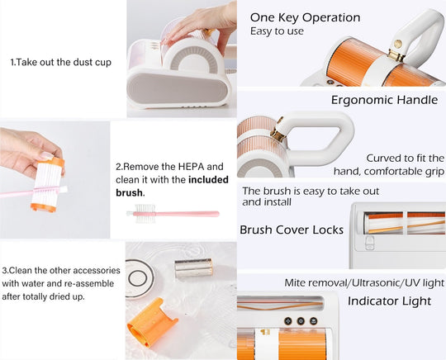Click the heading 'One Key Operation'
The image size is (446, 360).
(306, 17)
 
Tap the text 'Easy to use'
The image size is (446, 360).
(277, 31)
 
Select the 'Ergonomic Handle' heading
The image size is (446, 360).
(384, 100)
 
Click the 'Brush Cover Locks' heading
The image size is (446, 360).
(292, 230)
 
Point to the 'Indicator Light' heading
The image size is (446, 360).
(389, 301)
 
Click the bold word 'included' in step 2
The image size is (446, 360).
(208, 180)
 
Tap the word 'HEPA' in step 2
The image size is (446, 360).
(192, 167)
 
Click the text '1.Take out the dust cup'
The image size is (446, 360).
(61, 62)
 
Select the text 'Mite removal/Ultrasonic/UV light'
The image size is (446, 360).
(364, 282)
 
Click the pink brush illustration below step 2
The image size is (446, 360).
(173, 213)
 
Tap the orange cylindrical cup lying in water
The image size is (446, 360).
(151, 322)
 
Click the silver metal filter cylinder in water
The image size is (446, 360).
(194, 268)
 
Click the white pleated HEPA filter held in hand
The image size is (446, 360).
(48, 185)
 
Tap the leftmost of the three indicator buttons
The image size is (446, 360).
(288, 321)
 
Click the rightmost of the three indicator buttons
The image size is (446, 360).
(313, 321)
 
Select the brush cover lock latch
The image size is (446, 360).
(369, 243)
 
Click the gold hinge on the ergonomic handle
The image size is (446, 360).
(278, 131)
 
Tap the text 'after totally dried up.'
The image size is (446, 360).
(44, 296)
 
